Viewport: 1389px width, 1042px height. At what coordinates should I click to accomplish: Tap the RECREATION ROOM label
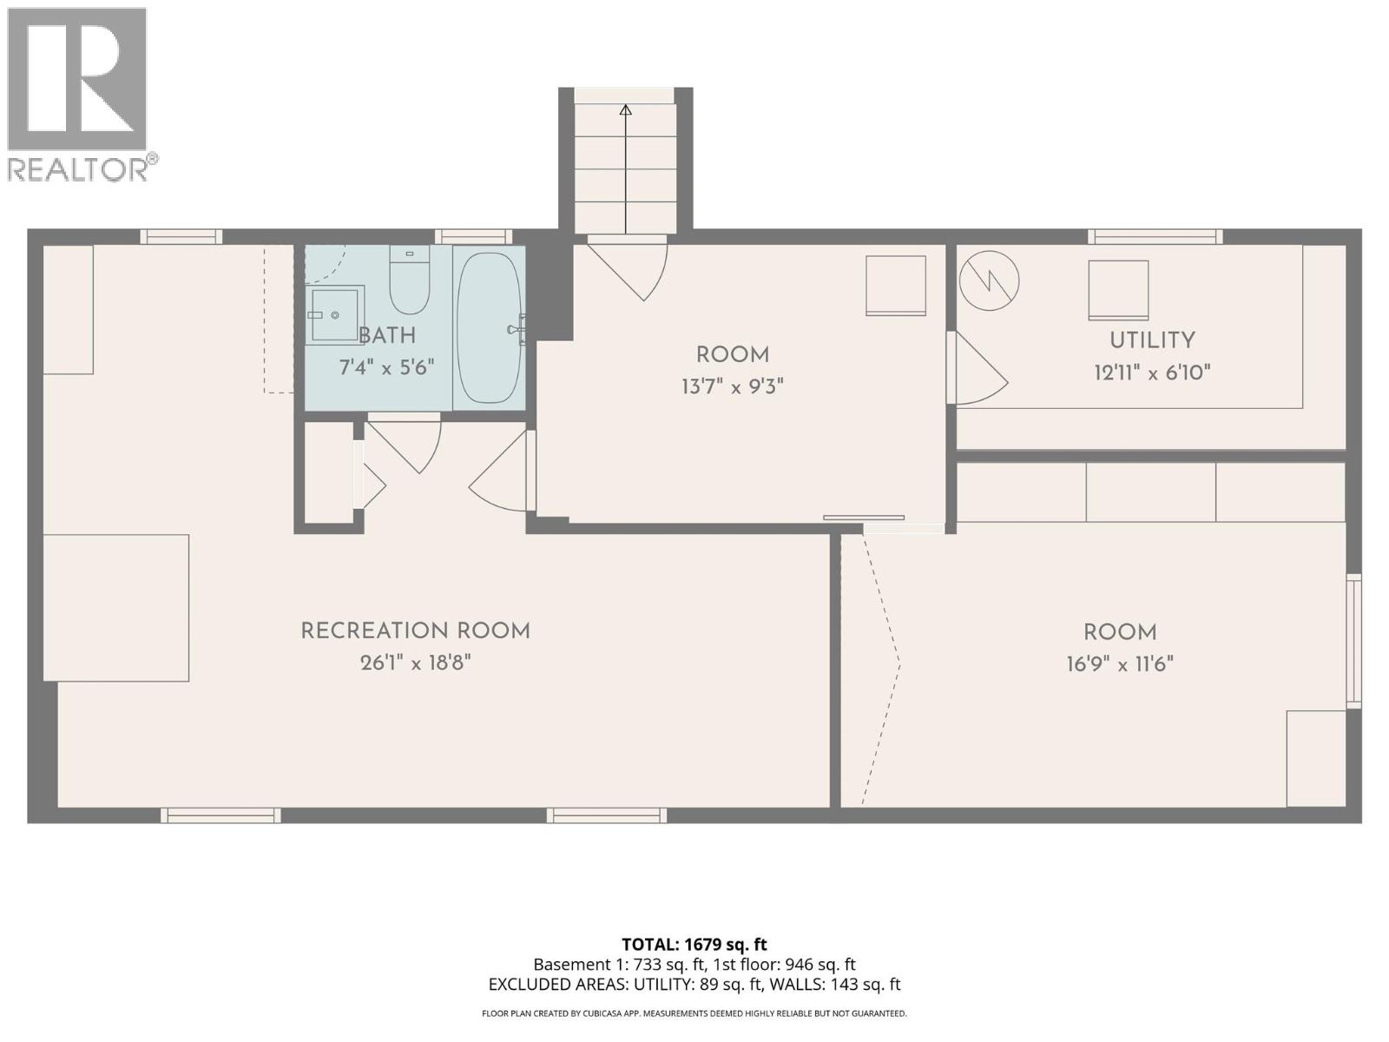tap(415, 631)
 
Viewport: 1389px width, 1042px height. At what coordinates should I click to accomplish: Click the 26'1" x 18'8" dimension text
tap(415, 663)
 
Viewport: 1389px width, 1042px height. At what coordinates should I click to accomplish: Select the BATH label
tap(387, 336)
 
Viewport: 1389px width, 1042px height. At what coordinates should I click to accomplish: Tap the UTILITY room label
tap(1152, 340)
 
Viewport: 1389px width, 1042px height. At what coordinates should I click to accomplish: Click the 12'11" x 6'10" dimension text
tap(1152, 373)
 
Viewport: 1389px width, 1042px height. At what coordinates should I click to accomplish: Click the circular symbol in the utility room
tap(989, 280)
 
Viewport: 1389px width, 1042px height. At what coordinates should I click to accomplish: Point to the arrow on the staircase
tap(625, 110)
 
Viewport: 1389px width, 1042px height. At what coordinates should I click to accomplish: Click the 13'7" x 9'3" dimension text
tap(732, 386)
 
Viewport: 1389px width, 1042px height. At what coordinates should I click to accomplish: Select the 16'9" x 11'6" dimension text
tap(1120, 664)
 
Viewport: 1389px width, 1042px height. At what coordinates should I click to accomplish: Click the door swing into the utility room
tap(978, 369)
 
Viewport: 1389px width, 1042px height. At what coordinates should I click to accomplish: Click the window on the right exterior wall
tap(1353, 640)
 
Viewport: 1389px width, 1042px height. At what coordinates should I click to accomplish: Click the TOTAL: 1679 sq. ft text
tap(694, 945)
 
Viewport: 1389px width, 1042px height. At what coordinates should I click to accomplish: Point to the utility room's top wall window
tap(1155, 236)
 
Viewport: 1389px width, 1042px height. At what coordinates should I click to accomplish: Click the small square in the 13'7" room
tap(895, 286)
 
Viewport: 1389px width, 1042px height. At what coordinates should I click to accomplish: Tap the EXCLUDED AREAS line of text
tap(694, 985)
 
